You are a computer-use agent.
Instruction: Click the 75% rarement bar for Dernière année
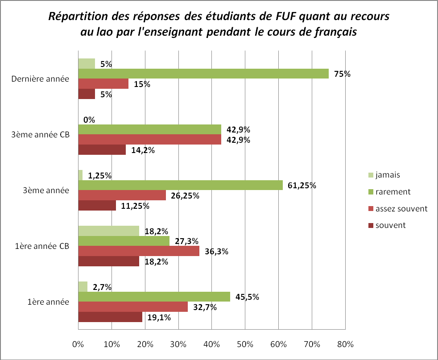pos(203,74)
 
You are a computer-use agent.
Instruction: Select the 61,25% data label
pos(301,186)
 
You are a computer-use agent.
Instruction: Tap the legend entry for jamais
pos(388,175)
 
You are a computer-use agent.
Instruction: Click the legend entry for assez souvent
pos(401,208)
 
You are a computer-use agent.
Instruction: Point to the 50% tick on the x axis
pos(245,344)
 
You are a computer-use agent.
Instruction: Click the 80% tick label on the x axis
pos(345,344)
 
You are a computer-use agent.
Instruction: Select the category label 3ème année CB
pos(40,135)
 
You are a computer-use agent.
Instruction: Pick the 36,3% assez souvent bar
pos(139,251)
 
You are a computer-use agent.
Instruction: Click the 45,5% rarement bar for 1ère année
pos(154,297)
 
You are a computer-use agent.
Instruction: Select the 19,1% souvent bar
pos(110,317)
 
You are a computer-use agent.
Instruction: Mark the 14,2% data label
pos(143,150)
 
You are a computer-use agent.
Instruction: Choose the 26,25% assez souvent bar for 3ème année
pos(122,195)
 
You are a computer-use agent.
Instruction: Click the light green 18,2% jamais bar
pos(108,231)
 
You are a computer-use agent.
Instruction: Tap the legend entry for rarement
pos(393,192)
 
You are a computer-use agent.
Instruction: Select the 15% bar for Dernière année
pos(103,83)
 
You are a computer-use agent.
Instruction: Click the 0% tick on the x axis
pos(78,344)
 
